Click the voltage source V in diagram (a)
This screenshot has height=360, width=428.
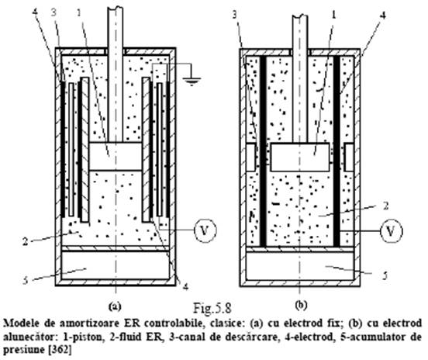205,230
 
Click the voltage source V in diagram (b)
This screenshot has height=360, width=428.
392,231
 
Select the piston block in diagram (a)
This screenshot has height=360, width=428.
116,156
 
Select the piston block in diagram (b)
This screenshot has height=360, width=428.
300,157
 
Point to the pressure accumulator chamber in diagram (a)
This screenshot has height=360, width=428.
116,265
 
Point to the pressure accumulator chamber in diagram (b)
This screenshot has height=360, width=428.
300,266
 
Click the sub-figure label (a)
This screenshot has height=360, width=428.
115,306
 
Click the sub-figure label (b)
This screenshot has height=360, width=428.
302,305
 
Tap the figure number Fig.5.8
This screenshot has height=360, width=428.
212,308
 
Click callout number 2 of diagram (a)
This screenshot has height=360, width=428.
25,241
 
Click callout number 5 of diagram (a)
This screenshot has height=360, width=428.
25,281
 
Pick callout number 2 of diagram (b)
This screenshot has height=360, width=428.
385,206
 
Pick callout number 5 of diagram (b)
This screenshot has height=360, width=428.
385,276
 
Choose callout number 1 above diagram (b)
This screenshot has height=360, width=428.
333,15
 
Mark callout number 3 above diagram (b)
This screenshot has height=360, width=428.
235,15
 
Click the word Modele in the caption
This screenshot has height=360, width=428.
21,324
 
